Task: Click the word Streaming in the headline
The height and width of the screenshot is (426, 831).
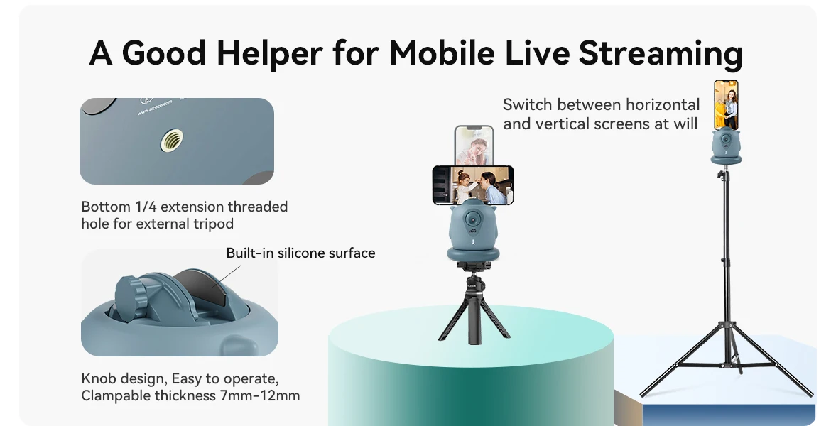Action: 661,53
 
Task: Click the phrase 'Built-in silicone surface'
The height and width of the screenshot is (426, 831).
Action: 300,253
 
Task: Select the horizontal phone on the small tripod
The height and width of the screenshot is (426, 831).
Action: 473,185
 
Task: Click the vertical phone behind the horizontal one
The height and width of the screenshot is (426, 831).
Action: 474,145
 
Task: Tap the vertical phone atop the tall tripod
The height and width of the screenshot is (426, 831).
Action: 726,105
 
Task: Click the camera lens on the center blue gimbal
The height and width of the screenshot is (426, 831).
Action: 471,219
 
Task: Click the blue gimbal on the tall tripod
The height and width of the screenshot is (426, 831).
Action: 726,147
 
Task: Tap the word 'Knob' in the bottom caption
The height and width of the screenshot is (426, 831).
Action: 98,378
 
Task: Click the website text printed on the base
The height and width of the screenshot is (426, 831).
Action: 155,107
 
